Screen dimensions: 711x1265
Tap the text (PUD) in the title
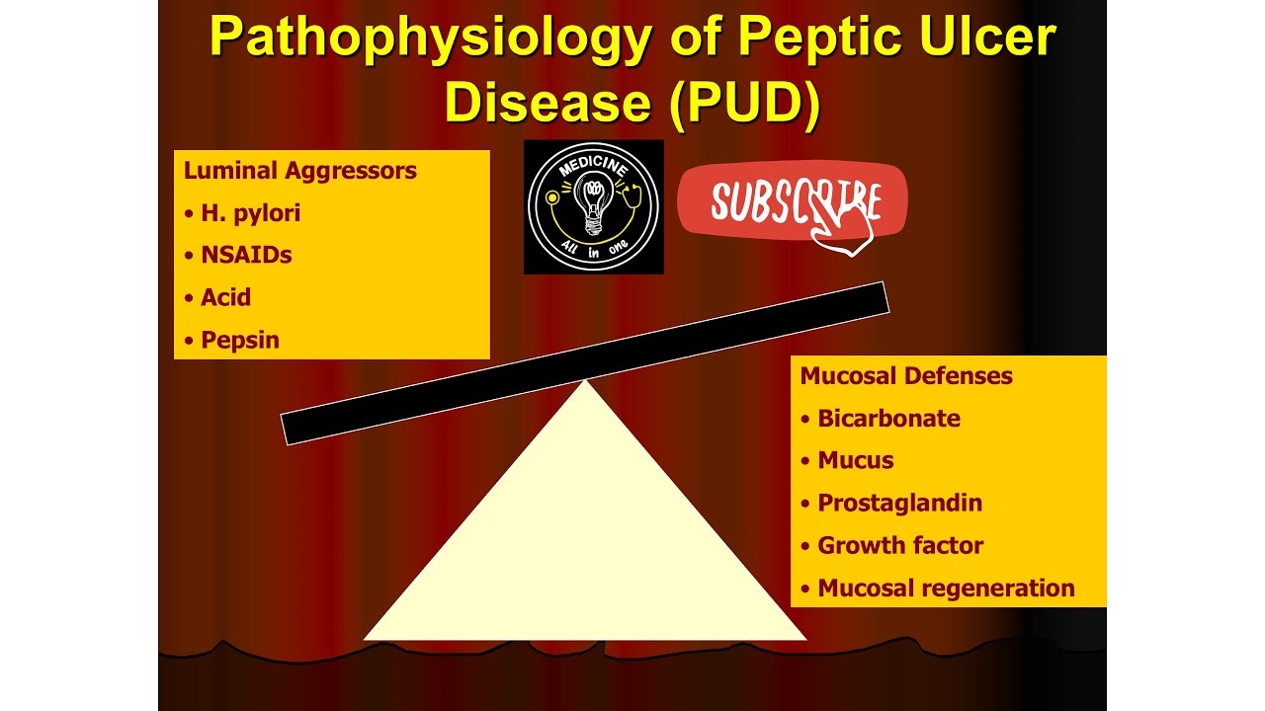(x=743, y=102)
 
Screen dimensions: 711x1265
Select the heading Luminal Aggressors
(x=299, y=170)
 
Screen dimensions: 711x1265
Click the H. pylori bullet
(x=250, y=212)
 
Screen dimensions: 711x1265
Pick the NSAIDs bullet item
(x=246, y=255)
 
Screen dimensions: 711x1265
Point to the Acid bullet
(x=225, y=297)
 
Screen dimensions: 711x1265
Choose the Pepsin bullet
(x=239, y=340)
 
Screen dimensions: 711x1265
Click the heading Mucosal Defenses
(x=905, y=375)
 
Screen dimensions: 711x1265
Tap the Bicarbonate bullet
(x=887, y=418)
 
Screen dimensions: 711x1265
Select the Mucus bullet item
(x=855, y=460)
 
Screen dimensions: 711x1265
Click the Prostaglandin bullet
(x=899, y=503)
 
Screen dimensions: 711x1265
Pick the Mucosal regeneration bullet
(x=945, y=588)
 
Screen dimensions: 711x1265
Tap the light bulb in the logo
(x=593, y=203)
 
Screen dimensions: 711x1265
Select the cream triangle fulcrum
(x=585, y=553)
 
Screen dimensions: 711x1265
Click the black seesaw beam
(x=585, y=363)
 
